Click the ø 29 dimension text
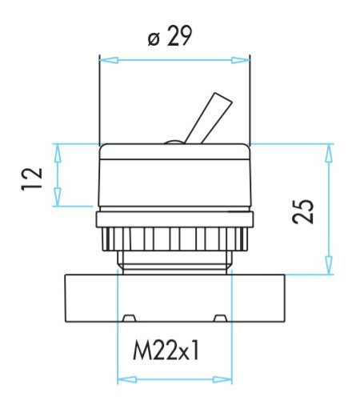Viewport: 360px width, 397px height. tap(170, 38)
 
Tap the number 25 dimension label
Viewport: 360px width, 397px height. tap(302, 211)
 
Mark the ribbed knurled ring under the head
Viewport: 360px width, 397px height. tap(174, 239)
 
